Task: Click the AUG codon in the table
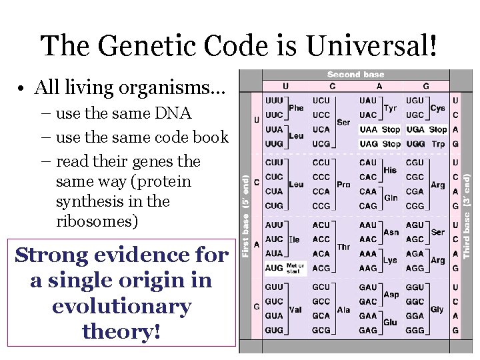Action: (274, 268)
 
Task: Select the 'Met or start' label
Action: (295, 268)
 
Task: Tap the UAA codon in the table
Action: (368, 129)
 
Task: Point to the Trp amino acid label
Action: (438, 144)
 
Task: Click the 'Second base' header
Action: (355, 75)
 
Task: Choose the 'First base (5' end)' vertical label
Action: (246, 217)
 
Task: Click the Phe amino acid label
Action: (296, 107)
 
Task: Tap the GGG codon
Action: (415, 330)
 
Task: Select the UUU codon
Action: (274, 100)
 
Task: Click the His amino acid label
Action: (390, 170)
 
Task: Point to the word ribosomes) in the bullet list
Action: (97, 221)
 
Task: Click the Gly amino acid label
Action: (437, 309)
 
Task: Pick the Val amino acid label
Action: (296, 309)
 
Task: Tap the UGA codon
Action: (415, 129)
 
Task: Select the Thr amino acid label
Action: (343, 247)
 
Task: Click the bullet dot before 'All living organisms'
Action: (22, 88)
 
